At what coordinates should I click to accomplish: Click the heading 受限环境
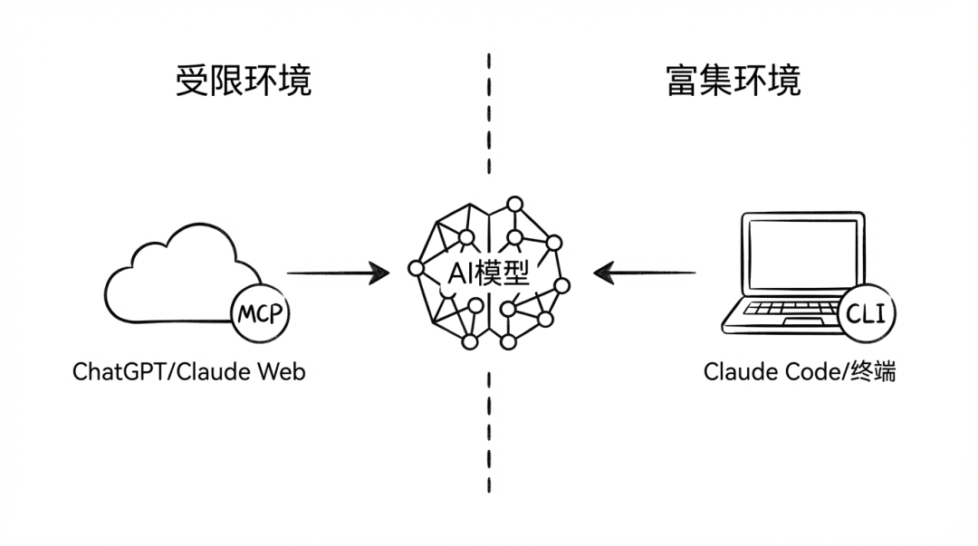point(243,80)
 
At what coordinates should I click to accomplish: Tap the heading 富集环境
point(733,80)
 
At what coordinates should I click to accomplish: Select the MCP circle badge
point(260,315)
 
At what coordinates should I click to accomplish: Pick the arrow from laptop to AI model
point(645,272)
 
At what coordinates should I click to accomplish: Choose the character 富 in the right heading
point(681,80)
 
